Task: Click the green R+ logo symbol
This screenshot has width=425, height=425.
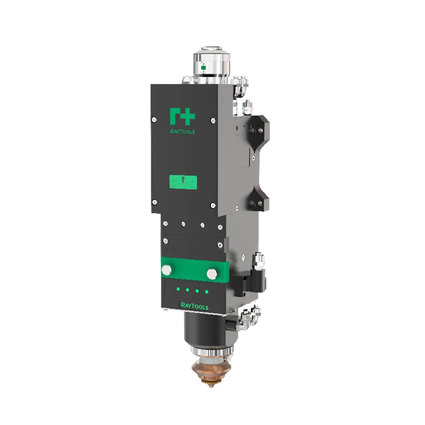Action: pyautogui.click(x=182, y=116)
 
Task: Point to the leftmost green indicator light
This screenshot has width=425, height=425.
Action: pyautogui.click(x=178, y=290)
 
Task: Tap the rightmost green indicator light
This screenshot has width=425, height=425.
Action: pyautogui.click(x=207, y=292)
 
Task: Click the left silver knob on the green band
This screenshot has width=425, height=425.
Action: pyautogui.click(x=167, y=269)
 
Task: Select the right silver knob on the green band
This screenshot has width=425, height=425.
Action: pyautogui.click(x=212, y=274)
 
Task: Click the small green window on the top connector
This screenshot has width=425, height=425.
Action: pyautogui.click(x=203, y=67)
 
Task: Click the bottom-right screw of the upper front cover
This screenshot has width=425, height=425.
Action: pyautogui.click(x=212, y=206)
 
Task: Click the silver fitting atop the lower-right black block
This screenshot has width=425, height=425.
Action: pyautogui.click(x=258, y=259)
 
